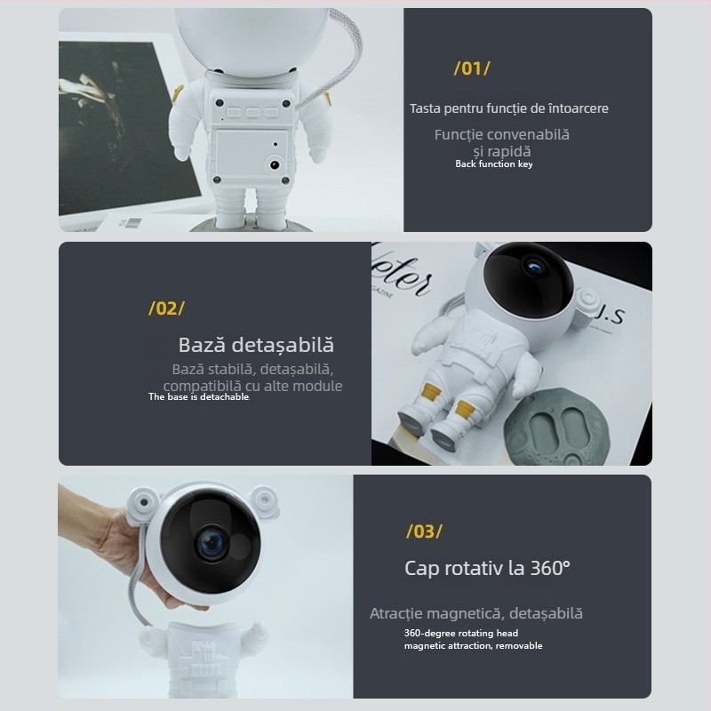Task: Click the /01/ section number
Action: [x=472, y=68]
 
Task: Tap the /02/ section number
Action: [x=166, y=308]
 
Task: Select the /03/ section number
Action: [x=424, y=531]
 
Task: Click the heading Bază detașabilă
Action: [x=256, y=345]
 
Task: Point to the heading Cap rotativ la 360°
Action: [x=487, y=567]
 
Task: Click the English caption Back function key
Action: [x=493, y=164]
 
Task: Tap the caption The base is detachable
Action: [x=199, y=397]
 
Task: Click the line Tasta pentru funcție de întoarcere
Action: [x=508, y=108]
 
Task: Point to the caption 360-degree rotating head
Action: [x=460, y=633]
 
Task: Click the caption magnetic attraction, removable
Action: [x=473, y=645]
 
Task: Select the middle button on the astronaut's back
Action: [x=252, y=113]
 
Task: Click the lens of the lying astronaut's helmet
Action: [x=534, y=266]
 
